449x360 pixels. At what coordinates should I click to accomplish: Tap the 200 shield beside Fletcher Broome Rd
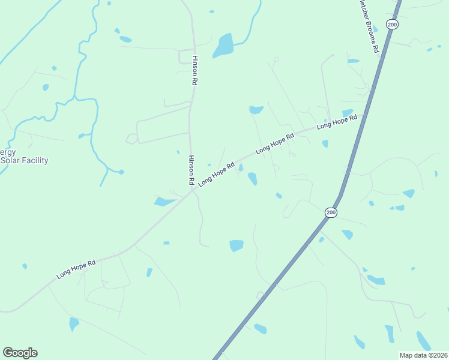[x=392, y=25]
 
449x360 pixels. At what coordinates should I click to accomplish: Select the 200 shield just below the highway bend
[x=331, y=213]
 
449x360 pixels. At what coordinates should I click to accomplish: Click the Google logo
[x=20, y=353]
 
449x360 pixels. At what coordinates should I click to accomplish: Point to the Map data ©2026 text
[x=423, y=355]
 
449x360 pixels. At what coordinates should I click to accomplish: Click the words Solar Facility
[x=25, y=161]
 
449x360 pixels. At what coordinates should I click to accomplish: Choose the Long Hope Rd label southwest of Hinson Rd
[x=76, y=269]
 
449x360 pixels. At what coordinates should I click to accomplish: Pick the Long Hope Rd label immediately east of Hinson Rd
[x=216, y=174]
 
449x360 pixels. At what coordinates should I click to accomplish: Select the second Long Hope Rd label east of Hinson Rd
[x=275, y=144]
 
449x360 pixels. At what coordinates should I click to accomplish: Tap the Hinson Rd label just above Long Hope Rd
[x=191, y=170]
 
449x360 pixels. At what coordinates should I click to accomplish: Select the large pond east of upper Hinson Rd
[x=223, y=45]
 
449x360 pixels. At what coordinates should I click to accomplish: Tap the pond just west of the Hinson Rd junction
[x=164, y=202]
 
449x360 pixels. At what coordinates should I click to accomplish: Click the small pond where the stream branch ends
[x=121, y=172]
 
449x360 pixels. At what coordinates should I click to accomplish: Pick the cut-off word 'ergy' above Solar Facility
[x=8, y=152]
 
